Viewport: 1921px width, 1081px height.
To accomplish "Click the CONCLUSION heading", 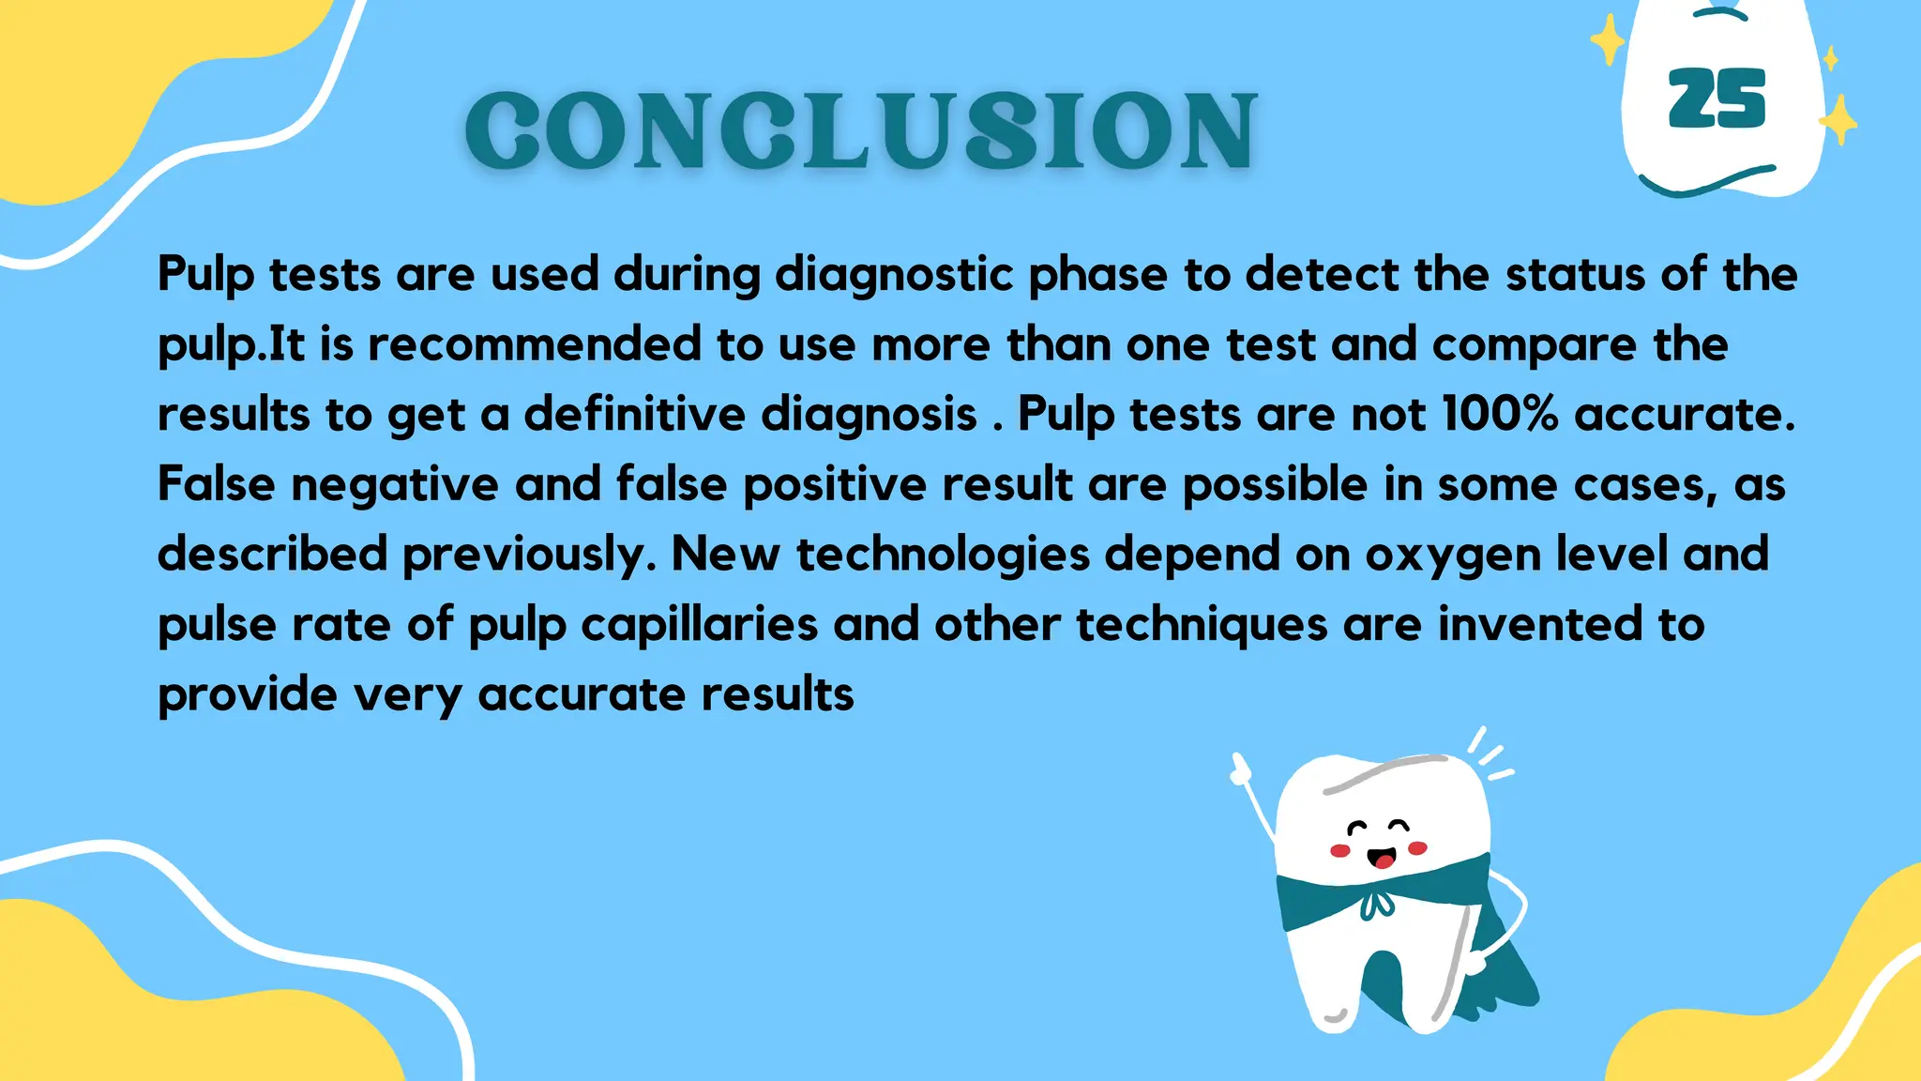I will (x=861, y=131).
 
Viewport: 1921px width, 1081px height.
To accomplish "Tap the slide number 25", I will (x=1717, y=99).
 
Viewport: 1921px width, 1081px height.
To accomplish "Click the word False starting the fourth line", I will (x=216, y=484).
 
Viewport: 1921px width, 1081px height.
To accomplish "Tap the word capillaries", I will (x=699, y=625).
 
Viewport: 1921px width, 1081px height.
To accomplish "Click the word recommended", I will (x=534, y=344).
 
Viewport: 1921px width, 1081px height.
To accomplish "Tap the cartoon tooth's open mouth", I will (x=1381, y=858).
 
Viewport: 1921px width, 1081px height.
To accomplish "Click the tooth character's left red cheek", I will (x=1340, y=851).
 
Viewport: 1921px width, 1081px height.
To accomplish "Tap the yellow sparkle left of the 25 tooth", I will (x=1609, y=41).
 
